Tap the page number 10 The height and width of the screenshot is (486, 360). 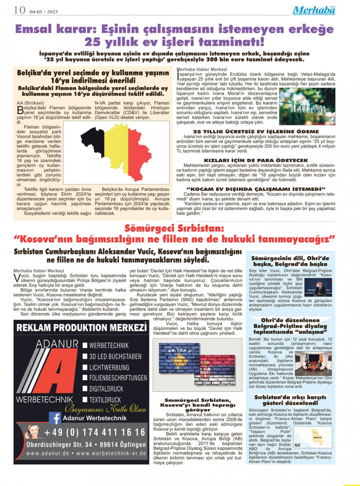pos(19,10)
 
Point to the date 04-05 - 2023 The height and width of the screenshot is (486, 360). pos(44,12)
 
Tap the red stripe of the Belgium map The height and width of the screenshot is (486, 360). pos(140,153)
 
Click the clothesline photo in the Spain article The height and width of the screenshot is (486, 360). pos(307,106)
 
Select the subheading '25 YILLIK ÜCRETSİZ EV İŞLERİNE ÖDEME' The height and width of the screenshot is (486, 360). pos(256,131)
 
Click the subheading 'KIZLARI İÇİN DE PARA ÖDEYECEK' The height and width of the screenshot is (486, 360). pos(256,160)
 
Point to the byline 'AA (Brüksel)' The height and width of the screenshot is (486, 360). pos(30,103)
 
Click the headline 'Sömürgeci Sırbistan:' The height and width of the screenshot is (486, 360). pos(174,228)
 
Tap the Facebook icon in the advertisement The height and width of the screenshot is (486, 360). pos(55,418)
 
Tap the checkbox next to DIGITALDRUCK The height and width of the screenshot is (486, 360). pos(85,389)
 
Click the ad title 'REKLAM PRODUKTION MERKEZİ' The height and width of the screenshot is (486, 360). pos(81,328)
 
